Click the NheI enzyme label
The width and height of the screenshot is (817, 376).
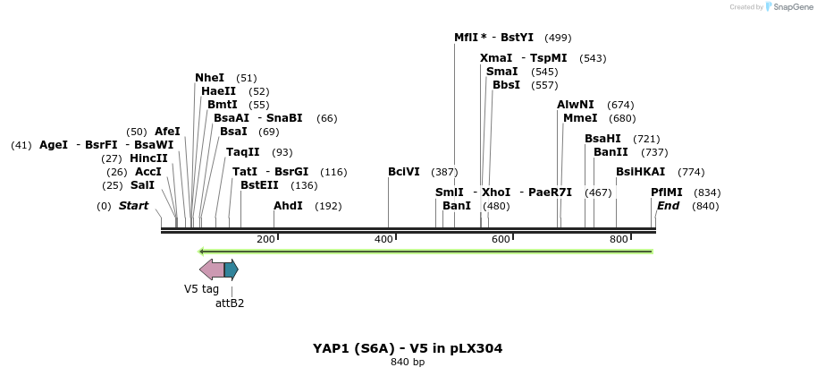click(x=209, y=78)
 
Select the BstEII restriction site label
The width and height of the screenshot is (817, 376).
click(x=259, y=185)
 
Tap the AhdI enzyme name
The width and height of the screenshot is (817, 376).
click(x=288, y=206)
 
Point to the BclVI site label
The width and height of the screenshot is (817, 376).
click(x=404, y=172)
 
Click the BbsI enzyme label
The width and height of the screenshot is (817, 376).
click(x=506, y=85)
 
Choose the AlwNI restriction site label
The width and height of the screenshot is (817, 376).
click(x=576, y=105)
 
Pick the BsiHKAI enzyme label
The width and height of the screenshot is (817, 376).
click(x=641, y=172)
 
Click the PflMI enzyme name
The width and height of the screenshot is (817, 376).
click(x=667, y=192)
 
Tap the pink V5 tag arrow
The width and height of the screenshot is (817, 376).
click(x=212, y=269)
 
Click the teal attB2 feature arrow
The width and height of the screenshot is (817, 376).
click(x=231, y=269)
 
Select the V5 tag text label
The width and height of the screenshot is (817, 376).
click(x=201, y=289)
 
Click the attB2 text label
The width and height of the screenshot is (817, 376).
click(x=230, y=303)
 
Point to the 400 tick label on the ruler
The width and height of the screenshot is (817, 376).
click(x=383, y=239)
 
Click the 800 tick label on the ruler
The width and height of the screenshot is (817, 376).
click(x=619, y=239)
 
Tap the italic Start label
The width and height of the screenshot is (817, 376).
click(x=133, y=206)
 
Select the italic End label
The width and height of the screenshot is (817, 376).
click(x=669, y=206)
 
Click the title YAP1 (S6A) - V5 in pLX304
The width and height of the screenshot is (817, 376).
click(x=407, y=347)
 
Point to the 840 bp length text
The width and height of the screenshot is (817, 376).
click(x=408, y=363)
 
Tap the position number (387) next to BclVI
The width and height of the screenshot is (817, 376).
click(x=444, y=172)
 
